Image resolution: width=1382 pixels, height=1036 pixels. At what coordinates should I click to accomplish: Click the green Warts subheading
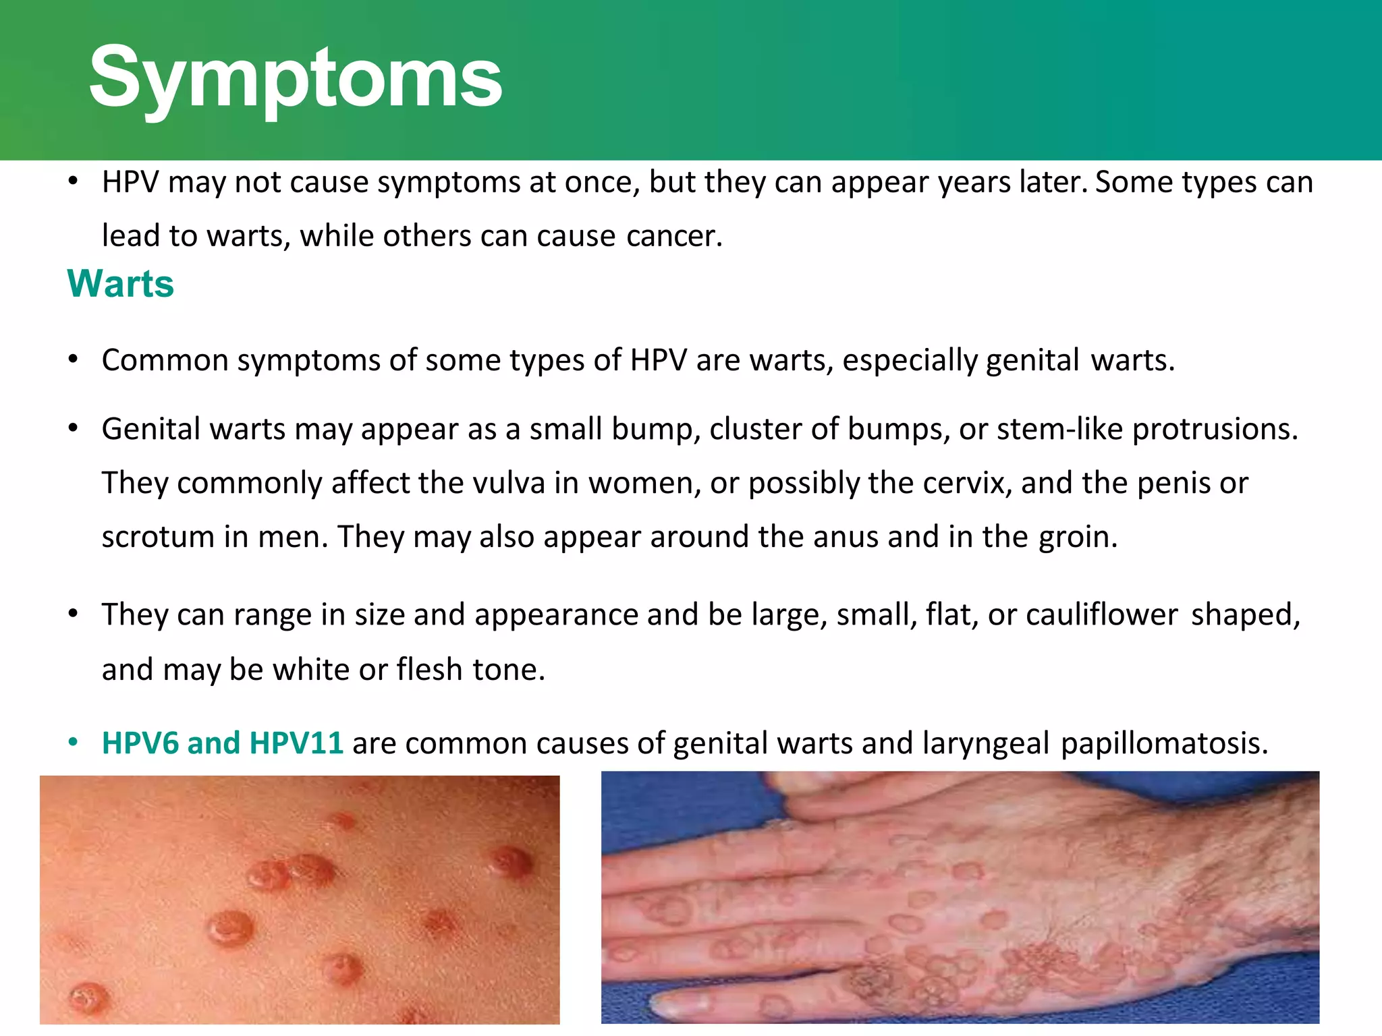tap(121, 283)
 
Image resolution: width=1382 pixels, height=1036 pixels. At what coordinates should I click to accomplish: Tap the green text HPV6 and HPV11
tap(223, 743)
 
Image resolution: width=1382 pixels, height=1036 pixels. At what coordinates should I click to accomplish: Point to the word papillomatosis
tap(1164, 743)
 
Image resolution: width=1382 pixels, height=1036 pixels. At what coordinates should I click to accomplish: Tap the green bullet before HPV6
tap(74, 743)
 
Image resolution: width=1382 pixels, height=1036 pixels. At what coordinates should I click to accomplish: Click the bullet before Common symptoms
tap(74, 359)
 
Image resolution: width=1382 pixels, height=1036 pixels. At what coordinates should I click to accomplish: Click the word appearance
tap(556, 614)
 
